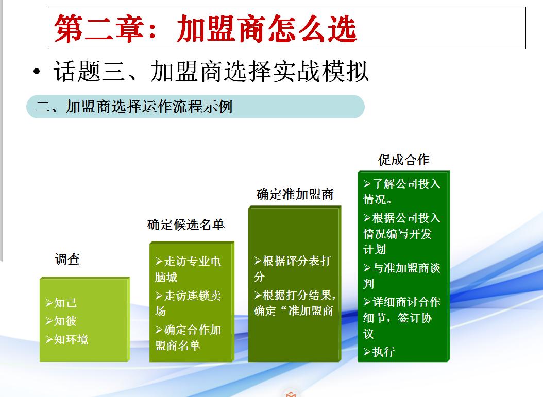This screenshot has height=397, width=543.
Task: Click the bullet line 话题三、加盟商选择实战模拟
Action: coord(211,72)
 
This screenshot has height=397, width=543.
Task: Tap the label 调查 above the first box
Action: coord(67,260)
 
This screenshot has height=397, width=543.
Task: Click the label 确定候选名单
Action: coord(186,225)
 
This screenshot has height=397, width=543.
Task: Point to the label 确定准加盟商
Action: coord(295,194)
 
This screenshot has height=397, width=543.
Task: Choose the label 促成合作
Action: coord(403,160)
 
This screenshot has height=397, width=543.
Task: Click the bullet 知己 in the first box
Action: coord(61,303)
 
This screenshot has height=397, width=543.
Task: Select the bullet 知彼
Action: coord(61,321)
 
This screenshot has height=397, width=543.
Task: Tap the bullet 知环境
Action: coord(67,339)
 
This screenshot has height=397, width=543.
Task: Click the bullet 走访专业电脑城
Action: coord(188,269)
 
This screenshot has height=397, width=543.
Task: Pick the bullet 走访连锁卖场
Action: coord(188,303)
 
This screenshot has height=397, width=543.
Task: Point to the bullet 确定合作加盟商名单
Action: coord(188,337)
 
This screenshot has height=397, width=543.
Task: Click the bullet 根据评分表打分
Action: coord(292,268)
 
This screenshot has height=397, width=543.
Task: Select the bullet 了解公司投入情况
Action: coord(402,192)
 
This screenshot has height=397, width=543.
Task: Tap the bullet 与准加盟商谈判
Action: coord(402,275)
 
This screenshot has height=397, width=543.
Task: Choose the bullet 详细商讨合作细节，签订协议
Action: coord(402,317)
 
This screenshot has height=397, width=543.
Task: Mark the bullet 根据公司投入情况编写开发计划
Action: coord(402,234)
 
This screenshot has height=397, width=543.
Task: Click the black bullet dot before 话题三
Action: coord(36,73)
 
